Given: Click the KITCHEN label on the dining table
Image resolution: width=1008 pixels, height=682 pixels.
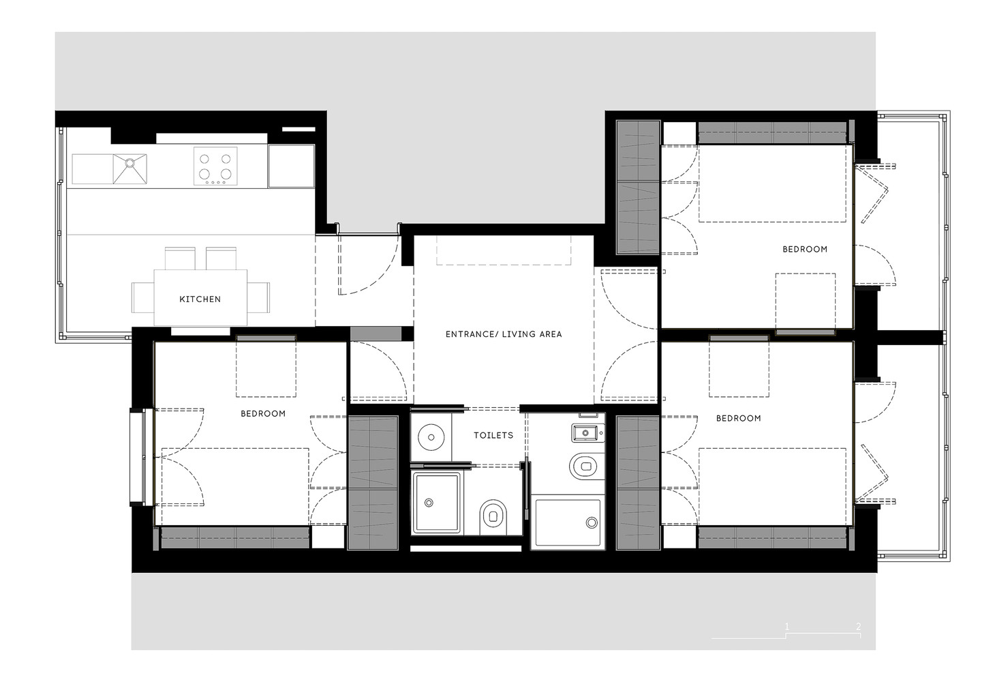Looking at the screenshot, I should [200, 299].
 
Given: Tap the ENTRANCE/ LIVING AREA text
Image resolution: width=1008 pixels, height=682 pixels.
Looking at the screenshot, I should [504, 334].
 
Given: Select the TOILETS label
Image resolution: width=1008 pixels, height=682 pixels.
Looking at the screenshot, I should [493, 435].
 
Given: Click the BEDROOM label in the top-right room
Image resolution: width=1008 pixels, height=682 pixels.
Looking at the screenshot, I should [804, 250].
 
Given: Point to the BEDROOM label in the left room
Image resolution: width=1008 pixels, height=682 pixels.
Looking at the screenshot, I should [263, 413].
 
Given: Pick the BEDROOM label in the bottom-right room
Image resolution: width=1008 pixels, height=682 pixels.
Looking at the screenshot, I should [738, 418].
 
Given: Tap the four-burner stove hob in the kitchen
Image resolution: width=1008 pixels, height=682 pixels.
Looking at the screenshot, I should [215, 166].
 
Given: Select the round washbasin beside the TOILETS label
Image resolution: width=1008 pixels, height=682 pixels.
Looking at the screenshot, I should [430, 436].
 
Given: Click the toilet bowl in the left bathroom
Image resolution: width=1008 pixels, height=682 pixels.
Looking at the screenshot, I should [493, 516].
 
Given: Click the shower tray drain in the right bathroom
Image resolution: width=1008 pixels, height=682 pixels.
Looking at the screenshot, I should [590, 523].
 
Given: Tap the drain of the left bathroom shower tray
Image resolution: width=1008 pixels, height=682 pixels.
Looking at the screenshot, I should [429, 503].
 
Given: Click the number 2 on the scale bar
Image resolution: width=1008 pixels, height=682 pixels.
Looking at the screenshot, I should [858, 626].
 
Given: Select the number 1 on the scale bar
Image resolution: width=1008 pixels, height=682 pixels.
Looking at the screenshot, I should [786, 626].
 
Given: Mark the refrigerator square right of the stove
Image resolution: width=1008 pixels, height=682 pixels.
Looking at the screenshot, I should [291, 166].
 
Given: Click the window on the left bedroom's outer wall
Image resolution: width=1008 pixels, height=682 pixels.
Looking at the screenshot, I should [139, 457].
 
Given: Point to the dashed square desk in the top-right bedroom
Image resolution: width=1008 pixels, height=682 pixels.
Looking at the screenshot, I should [805, 301].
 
